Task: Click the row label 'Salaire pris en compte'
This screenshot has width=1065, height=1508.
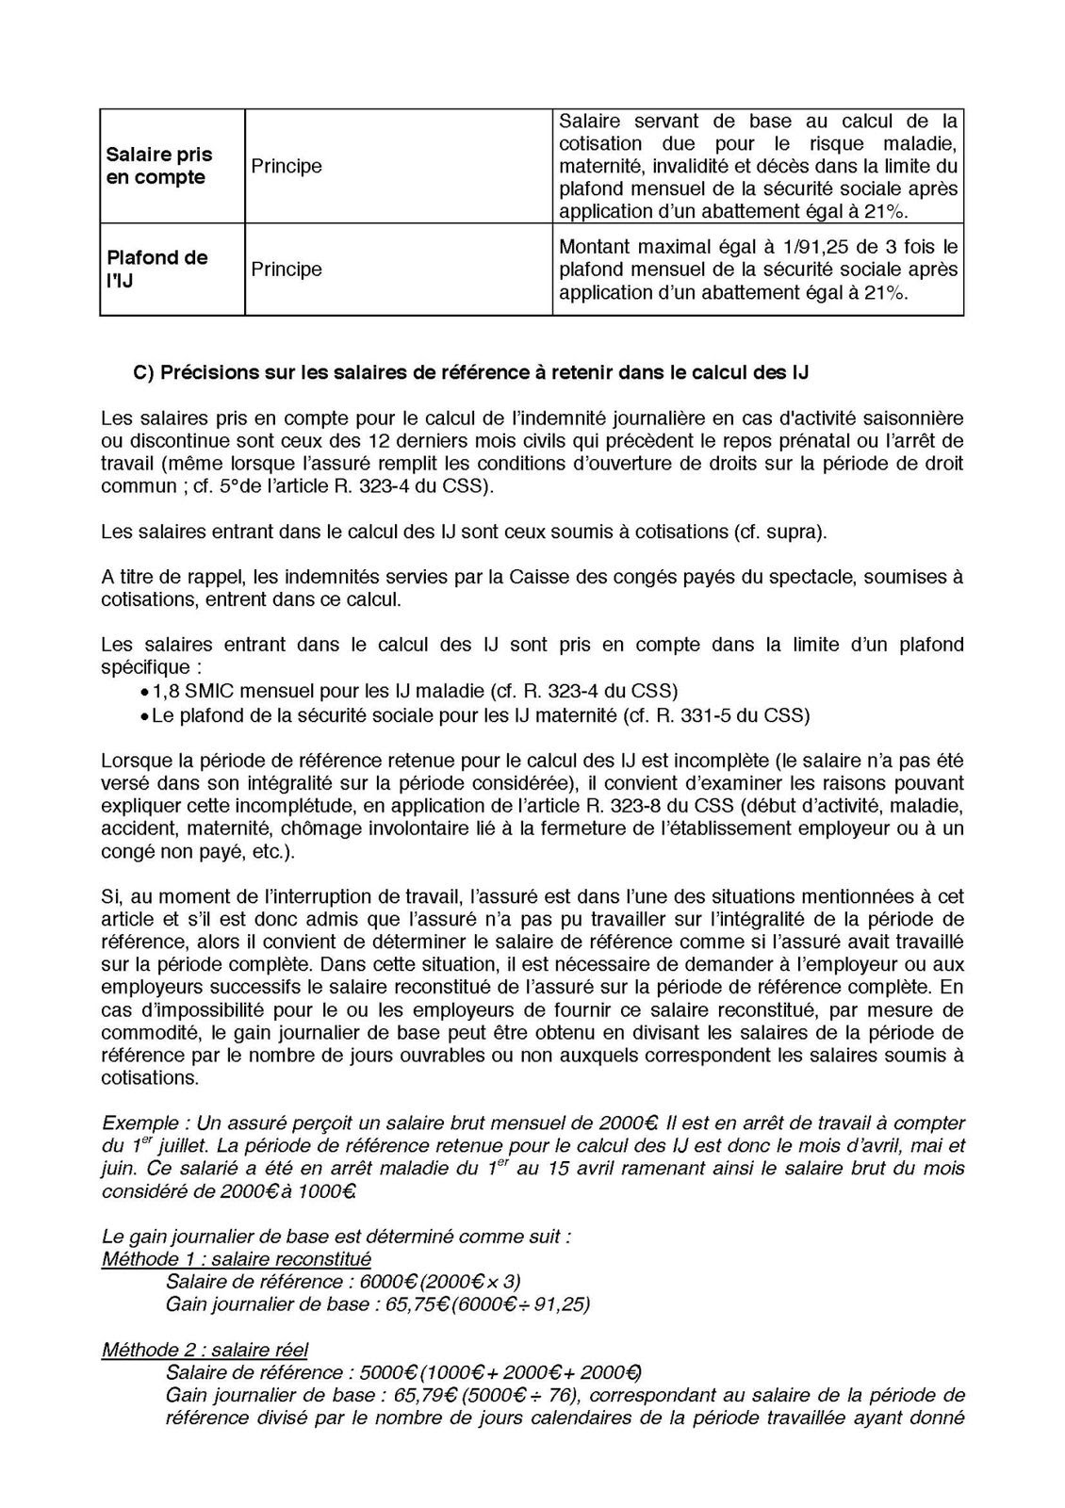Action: pos(159,166)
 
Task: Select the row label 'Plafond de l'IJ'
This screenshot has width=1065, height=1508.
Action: pos(156,269)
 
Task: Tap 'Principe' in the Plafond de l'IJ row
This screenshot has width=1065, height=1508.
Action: pos(287,270)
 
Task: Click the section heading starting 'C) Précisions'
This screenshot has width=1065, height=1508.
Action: pos(471,372)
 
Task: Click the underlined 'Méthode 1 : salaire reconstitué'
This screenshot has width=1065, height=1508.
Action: pos(237,1259)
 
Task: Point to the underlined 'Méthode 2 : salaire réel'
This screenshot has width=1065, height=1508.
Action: pos(205,1350)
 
